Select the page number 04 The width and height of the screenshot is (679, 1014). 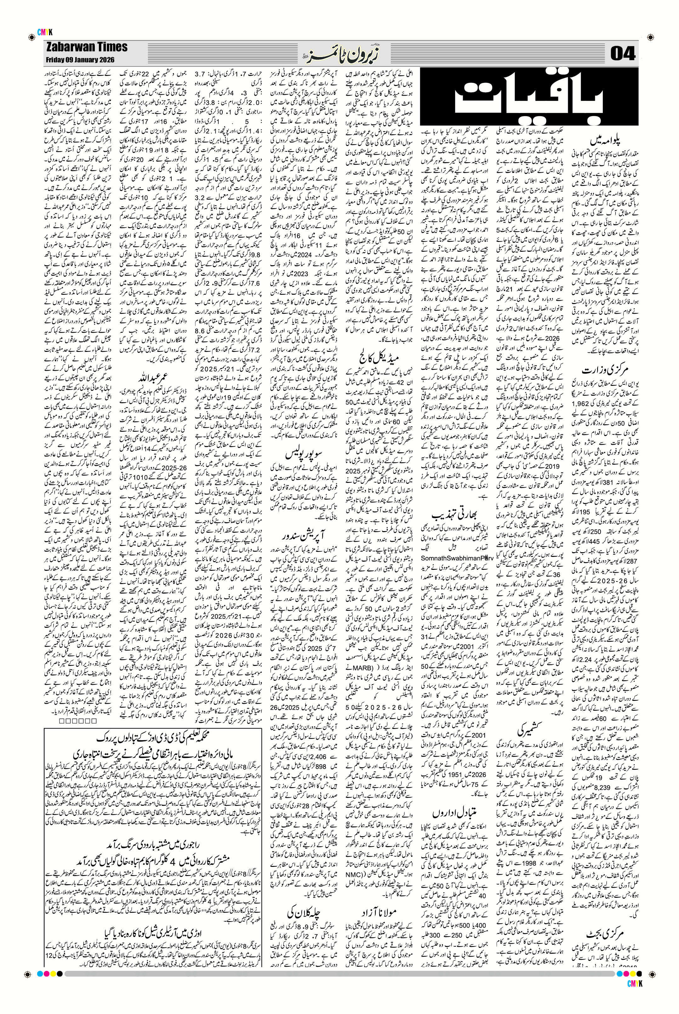pos(622,54)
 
